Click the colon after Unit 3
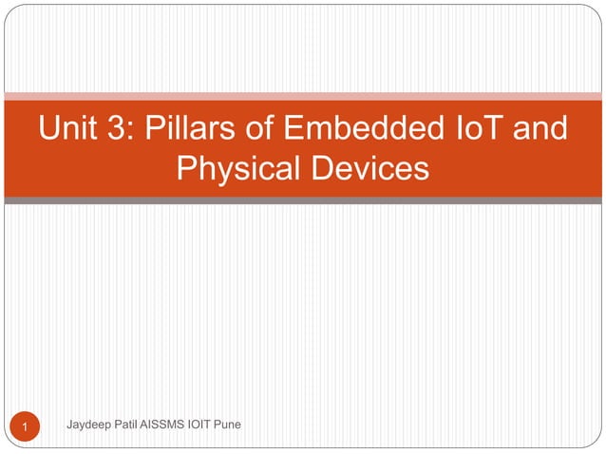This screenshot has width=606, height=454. point(133,131)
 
